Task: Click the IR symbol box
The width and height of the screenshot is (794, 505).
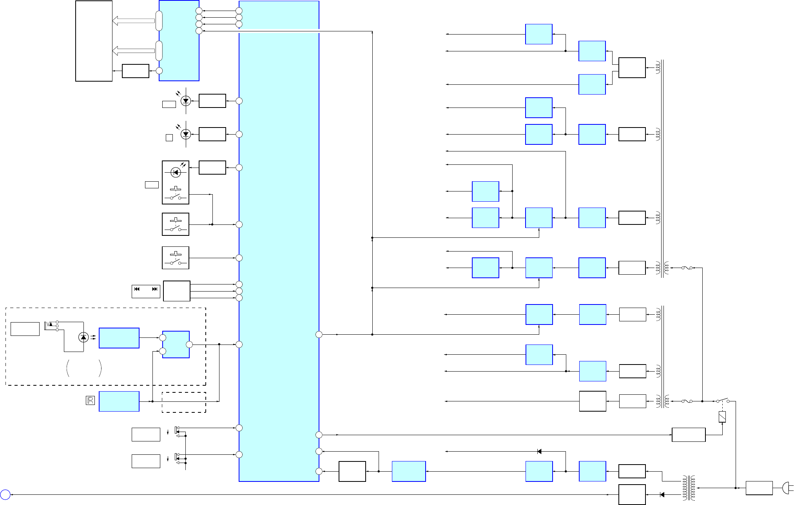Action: pyautogui.click(x=90, y=400)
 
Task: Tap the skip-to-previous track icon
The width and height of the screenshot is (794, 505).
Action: pyautogui.click(x=137, y=289)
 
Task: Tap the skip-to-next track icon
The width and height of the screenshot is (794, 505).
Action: pyautogui.click(x=155, y=289)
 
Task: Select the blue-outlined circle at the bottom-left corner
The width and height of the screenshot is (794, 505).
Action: pyautogui.click(x=5, y=495)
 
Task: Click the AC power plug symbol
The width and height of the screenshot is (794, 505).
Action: pyautogui.click(x=787, y=488)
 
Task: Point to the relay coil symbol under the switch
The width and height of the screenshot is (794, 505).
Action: pyautogui.click(x=722, y=417)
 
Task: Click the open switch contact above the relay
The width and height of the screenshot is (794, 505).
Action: pyautogui.click(x=723, y=400)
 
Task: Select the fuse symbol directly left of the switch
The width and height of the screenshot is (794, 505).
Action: pyautogui.click(x=687, y=401)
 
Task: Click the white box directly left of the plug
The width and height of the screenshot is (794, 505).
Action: pyautogui.click(x=759, y=488)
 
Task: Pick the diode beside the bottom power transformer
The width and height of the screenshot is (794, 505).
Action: pyautogui.click(x=662, y=495)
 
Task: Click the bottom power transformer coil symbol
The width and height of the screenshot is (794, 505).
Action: pyautogui.click(x=689, y=488)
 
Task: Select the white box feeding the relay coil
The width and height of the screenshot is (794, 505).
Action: pyautogui.click(x=689, y=435)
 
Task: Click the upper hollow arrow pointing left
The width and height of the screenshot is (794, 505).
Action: pyautogui.click(x=134, y=21)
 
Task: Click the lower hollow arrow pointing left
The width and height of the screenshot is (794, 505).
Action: pyautogui.click(x=134, y=51)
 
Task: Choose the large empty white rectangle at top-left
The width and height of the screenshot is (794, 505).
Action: pyautogui.click(x=94, y=41)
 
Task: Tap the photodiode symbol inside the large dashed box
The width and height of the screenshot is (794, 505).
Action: pyautogui.click(x=83, y=337)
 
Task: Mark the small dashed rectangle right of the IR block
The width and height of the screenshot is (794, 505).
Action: pyautogui.click(x=184, y=402)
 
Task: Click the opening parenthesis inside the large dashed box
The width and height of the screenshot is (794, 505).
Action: pyautogui.click(x=68, y=368)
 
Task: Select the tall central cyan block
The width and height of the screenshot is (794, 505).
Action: pyautogui.click(x=279, y=251)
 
